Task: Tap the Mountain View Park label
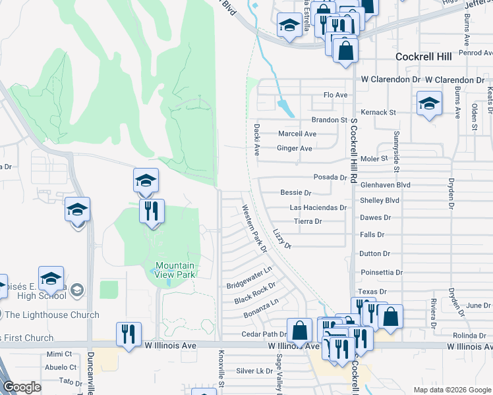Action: (x=175, y=270)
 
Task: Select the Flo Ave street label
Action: (x=335, y=95)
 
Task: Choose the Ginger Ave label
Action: (x=294, y=149)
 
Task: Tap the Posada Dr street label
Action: (x=330, y=178)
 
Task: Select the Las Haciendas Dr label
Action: (x=318, y=207)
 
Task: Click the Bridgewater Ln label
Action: (x=249, y=278)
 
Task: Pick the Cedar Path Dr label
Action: (x=262, y=334)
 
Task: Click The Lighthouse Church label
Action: (x=52, y=315)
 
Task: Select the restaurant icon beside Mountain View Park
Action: (x=152, y=211)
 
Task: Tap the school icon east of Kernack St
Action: (x=428, y=103)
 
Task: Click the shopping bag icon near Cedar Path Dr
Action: (x=300, y=329)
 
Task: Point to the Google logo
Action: (x=22, y=387)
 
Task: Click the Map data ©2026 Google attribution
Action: (x=451, y=390)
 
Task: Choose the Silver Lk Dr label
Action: (x=254, y=371)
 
